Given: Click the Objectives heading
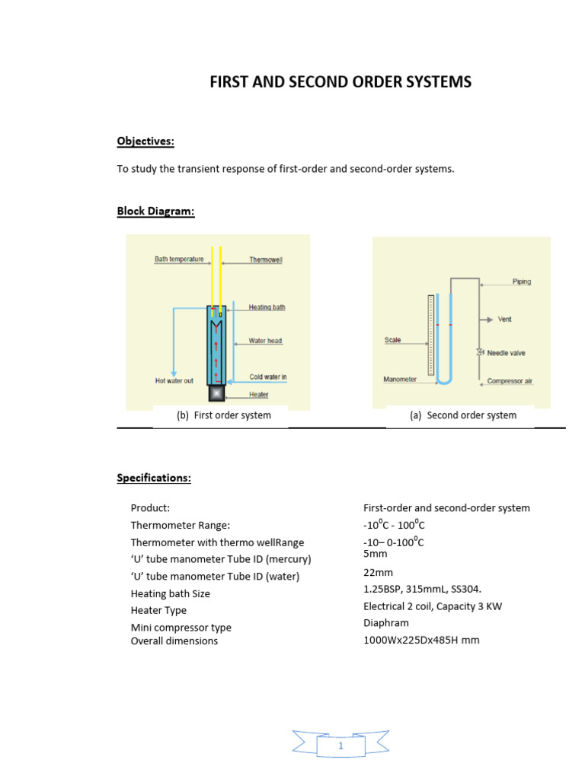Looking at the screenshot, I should coord(145,141).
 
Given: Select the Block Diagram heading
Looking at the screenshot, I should coord(155,211).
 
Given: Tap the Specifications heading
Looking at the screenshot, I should coord(153,478).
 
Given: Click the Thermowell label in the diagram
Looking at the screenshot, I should coord(266,260).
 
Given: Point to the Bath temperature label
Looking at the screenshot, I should coord(179,259).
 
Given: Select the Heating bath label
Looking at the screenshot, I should coord(267,308).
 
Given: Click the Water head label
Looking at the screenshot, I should coord(265,341).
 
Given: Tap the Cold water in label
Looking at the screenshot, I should coord(267,377).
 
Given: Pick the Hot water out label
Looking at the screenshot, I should coord(174,380).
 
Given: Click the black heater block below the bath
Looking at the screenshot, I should coord(217,393).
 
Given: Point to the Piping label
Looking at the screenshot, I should coord(522,281).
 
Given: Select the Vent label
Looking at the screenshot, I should coord(504,320).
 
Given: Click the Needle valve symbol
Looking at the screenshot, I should coord(480,352).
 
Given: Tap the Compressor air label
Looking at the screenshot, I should coord(510,380).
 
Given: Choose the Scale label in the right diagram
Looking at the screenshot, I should coord(392,341).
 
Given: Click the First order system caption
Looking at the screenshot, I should coord(223,415).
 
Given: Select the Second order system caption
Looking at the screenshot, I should coord(463,415).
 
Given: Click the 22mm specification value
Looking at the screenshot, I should coord(378,572).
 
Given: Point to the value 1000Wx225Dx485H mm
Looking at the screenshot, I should coord(421,640).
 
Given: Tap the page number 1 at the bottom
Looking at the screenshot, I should coord(340,746).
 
